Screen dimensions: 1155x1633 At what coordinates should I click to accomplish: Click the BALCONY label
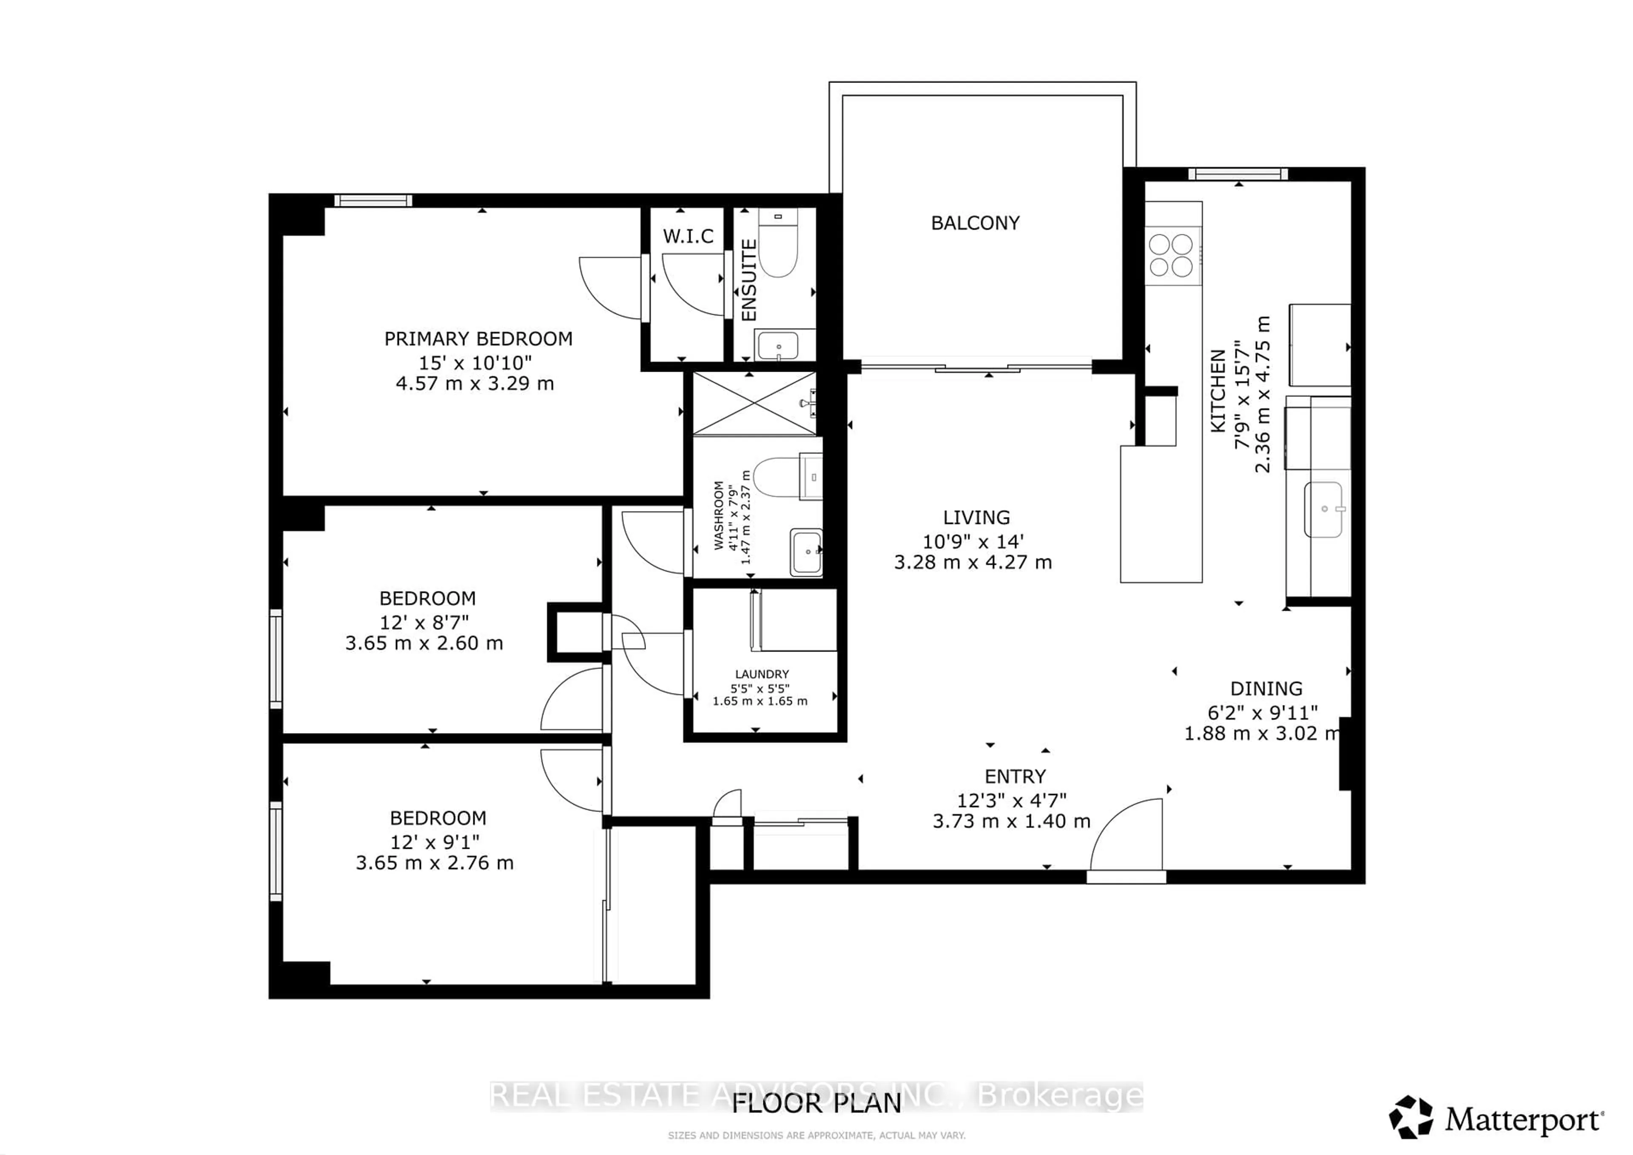pyautogui.click(x=975, y=223)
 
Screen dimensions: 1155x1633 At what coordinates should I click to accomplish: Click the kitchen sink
pyautogui.click(x=1323, y=509)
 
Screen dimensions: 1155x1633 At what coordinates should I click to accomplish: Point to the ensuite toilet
pyautogui.click(x=777, y=253)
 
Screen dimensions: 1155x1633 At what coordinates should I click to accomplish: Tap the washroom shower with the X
pyautogui.click(x=754, y=403)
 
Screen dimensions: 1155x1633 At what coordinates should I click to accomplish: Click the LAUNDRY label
pyautogui.click(x=762, y=674)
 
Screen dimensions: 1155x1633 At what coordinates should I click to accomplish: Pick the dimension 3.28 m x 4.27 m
pyautogui.click(x=972, y=563)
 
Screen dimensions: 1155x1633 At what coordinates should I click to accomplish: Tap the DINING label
pyautogui.click(x=1266, y=688)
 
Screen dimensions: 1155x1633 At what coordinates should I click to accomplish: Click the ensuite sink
pyautogui.click(x=778, y=346)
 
